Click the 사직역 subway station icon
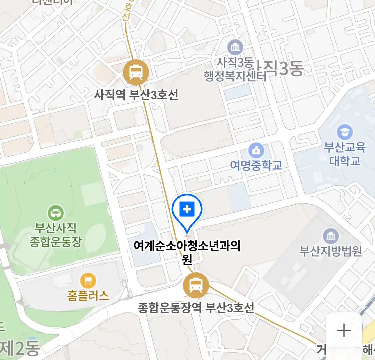click(x=136, y=72)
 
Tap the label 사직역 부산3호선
click(x=136, y=95)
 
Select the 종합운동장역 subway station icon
click(x=196, y=285)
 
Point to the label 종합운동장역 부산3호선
click(x=196, y=307)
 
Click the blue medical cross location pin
click(x=187, y=210)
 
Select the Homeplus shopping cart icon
click(x=88, y=281)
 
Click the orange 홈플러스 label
click(x=88, y=295)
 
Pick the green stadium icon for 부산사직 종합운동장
click(x=56, y=213)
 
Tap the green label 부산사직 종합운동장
click(x=56, y=235)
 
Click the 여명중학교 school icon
click(x=256, y=151)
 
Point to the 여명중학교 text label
click(x=256, y=165)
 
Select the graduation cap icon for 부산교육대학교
click(x=345, y=132)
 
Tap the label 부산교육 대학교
click(x=345, y=154)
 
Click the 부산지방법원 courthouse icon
click(x=331, y=236)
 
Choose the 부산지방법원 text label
click(x=331, y=251)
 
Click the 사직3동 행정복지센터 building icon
click(x=235, y=47)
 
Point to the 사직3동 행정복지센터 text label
click(x=235, y=69)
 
